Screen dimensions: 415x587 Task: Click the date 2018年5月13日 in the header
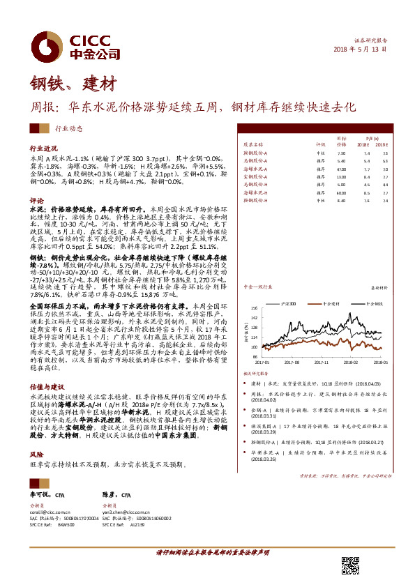pos(367,50)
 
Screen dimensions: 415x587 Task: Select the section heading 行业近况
pos(43,149)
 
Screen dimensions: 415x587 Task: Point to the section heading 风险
pos(36,433)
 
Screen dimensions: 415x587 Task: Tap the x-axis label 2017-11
pos(320,363)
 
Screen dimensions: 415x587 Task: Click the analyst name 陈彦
pos(108,494)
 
